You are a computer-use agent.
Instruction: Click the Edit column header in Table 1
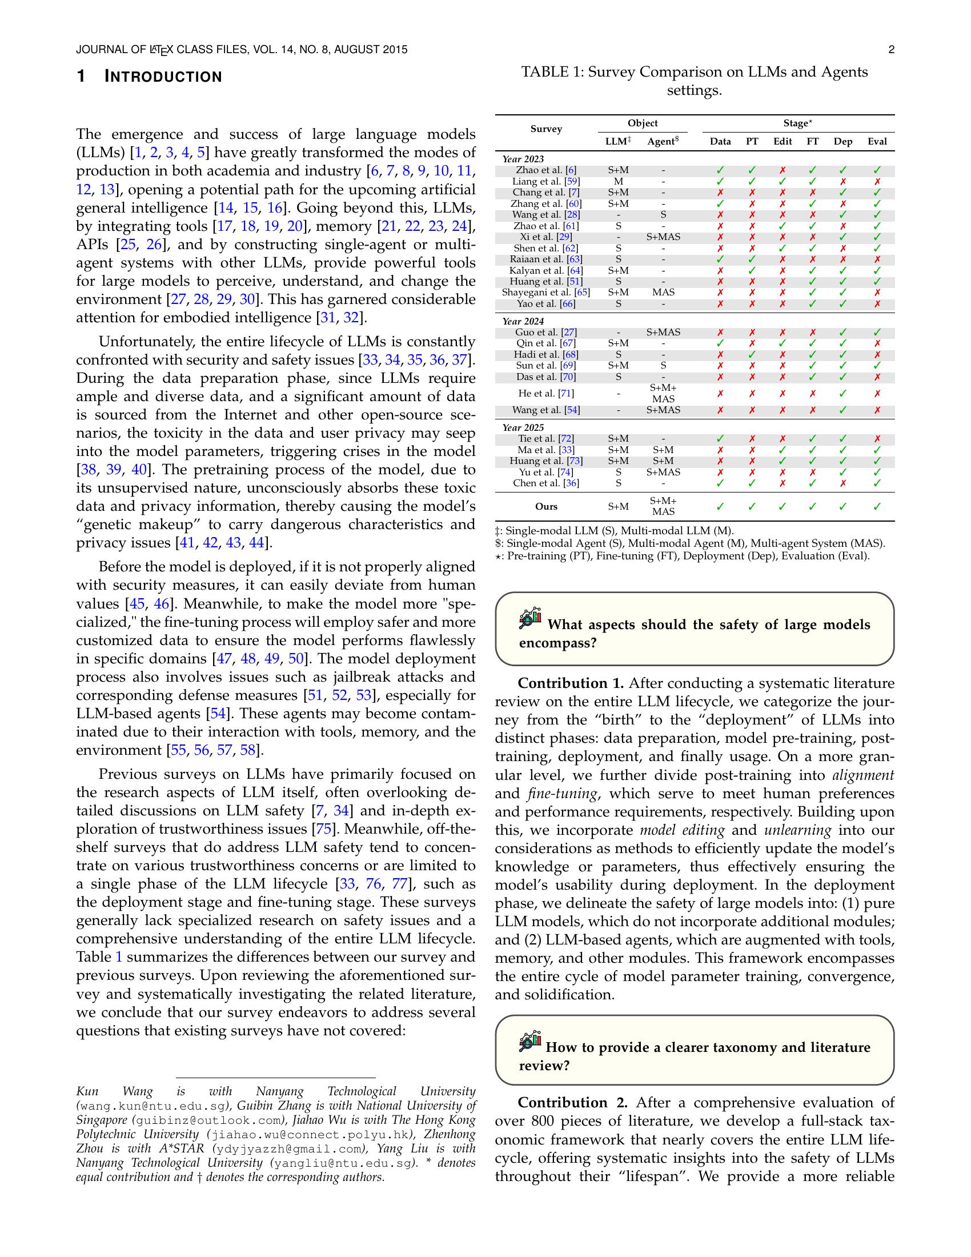point(783,142)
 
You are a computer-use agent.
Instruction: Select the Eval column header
point(877,142)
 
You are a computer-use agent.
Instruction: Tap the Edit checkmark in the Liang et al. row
point(783,181)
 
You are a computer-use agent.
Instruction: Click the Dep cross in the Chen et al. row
point(842,483)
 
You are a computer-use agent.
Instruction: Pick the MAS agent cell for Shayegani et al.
point(663,293)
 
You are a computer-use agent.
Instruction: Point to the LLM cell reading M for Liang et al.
point(619,181)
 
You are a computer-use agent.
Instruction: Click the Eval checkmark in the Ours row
point(877,506)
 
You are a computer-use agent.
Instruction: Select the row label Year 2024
point(523,321)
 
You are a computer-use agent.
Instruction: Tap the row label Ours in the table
point(546,506)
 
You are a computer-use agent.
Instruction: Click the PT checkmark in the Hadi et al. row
point(752,355)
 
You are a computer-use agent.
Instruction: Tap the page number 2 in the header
point(891,50)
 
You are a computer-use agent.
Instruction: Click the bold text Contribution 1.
point(571,683)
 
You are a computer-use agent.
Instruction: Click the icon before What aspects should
point(531,619)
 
